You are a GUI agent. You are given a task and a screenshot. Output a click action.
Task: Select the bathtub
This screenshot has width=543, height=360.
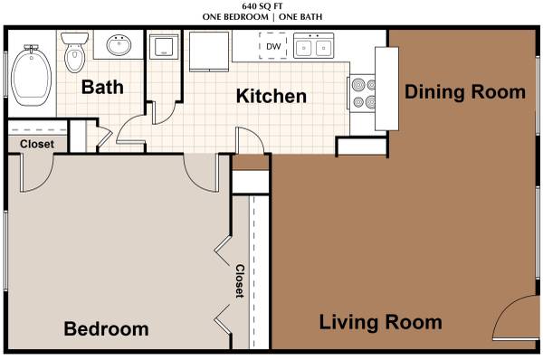pos(31,75)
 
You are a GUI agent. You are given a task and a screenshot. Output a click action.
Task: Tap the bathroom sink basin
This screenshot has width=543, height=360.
pos(119,45)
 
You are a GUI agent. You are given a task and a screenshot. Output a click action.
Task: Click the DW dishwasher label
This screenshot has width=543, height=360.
pos(273,46)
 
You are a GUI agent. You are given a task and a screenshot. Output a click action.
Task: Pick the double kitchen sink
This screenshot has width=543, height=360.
pos(314,45)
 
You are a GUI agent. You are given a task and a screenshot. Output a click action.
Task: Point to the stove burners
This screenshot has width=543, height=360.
pos(363,93)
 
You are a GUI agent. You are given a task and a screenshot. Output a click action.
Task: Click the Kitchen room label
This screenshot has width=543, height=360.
pos(271,96)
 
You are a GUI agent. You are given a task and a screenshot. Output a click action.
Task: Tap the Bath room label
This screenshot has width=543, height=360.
pos(102,87)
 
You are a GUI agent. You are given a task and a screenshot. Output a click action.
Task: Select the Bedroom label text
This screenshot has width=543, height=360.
pos(106,328)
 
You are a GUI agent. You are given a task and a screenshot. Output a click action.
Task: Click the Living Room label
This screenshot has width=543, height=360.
pos(380,322)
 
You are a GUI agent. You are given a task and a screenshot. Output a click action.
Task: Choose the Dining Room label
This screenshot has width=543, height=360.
pos(465,92)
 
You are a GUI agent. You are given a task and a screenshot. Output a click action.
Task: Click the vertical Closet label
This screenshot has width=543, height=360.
pos(240,281)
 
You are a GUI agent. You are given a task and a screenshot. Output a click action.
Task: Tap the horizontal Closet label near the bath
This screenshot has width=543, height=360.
pos(37,144)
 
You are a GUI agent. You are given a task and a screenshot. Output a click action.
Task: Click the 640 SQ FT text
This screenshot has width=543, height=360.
pos(262,6)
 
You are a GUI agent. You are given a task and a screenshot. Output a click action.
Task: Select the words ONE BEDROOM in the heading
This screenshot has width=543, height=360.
pos(235,16)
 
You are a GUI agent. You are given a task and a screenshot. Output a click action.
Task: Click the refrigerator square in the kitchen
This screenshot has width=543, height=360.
pos(209,52)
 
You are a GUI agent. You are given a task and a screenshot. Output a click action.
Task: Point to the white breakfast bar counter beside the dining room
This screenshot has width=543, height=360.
pos(386,89)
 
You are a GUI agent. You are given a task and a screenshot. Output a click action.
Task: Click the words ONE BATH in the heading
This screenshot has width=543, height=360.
pos(300,16)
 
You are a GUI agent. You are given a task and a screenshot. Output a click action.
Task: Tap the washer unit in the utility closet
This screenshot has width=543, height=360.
pos(164,46)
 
